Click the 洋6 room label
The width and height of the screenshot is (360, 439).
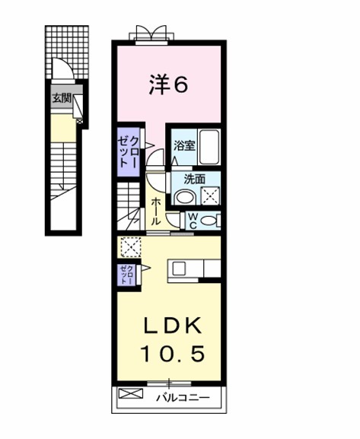click(168, 84)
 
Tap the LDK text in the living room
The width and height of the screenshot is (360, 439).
click(173, 326)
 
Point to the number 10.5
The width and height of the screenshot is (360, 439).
click(173, 353)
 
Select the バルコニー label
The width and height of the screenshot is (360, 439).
click(183, 398)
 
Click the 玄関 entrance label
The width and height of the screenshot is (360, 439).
click(62, 98)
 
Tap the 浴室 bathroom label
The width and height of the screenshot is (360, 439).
click(184, 145)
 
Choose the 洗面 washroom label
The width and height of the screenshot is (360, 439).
click(194, 180)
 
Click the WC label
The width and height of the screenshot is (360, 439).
click(193, 221)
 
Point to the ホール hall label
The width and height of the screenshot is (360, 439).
click(155, 212)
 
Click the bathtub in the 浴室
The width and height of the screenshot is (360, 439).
click(209, 147)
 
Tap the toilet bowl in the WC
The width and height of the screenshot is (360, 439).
click(209, 221)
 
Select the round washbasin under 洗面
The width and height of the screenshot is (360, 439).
click(184, 198)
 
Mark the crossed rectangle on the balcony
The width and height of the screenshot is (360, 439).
click(131, 393)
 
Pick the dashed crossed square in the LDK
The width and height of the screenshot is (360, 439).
click(130, 247)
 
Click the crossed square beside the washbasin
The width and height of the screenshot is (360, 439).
click(210, 196)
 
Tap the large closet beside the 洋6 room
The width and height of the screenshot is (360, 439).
click(129, 152)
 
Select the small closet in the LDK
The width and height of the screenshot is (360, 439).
click(126, 275)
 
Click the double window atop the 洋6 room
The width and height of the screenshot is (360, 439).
click(151, 35)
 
